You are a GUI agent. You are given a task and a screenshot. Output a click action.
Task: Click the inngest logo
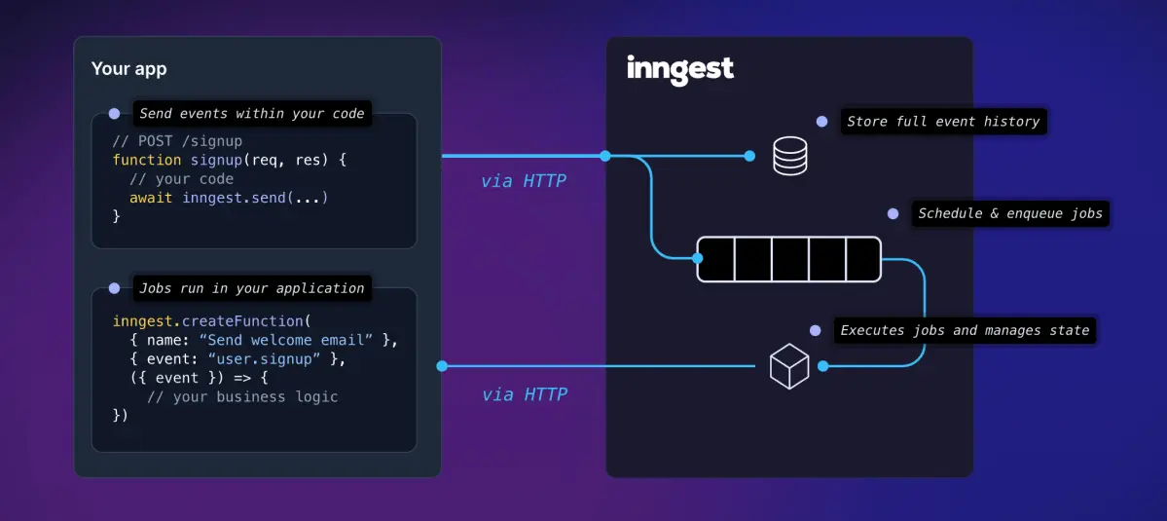pyautogui.click(x=680, y=69)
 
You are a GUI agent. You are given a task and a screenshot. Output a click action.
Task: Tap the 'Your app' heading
pyautogui.click(x=128, y=69)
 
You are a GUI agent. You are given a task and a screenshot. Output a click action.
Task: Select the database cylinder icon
pyautogui.click(x=789, y=156)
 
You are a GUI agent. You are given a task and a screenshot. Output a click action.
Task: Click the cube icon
pyautogui.click(x=789, y=366)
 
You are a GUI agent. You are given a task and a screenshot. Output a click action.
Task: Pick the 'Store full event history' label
pyautogui.click(x=943, y=122)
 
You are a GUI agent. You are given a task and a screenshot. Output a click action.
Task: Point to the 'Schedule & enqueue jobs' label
pyautogui.click(x=1010, y=213)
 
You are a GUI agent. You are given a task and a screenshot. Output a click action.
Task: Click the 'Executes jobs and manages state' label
pyautogui.click(x=965, y=330)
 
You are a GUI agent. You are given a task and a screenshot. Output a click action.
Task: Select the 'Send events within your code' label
pyautogui.click(x=251, y=113)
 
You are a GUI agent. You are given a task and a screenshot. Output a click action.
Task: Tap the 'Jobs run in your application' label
pyautogui.click(x=251, y=288)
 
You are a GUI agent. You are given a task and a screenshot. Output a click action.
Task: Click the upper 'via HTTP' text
pyautogui.click(x=523, y=181)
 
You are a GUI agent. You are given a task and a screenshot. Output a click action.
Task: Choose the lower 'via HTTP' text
pyautogui.click(x=525, y=394)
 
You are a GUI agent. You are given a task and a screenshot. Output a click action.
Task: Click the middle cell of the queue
pyautogui.click(x=789, y=259)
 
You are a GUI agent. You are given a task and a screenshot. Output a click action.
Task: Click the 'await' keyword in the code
pyautogui.click(x=151, y=198)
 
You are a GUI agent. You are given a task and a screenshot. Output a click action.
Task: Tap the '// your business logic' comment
pyautogui.click(x=242, y=397)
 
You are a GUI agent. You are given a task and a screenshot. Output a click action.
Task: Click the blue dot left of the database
pyautogui.click(x=749, y=156)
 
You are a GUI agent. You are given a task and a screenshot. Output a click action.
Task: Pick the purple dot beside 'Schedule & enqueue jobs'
pyautogui.click(x=893, y=213)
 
